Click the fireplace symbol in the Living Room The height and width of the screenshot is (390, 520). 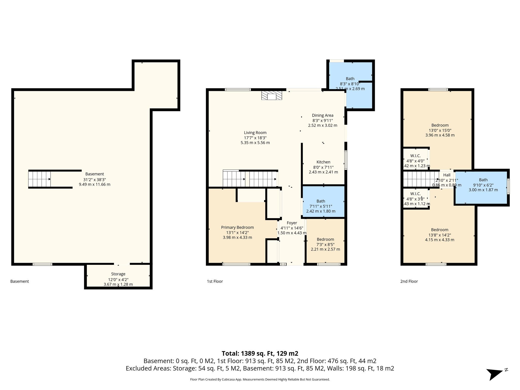click(272, 96)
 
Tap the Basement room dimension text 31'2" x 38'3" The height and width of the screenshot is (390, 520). click(94, 180)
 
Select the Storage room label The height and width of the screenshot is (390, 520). click(118, 274)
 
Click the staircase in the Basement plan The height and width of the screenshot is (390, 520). click(39, 179)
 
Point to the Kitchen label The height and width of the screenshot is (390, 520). click(323, 162)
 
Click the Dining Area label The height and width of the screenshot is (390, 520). click(322, 115)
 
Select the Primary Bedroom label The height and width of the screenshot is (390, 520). click(237, 227)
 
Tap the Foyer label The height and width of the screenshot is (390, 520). click(292, 223)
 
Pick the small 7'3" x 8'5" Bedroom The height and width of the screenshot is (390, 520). click(325, 239)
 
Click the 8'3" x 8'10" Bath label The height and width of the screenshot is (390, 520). click(350, 79)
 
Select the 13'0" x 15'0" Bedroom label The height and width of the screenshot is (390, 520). click(440, 125)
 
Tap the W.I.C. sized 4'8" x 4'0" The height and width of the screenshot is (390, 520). click(415, 156)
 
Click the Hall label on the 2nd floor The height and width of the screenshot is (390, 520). click(447, 175)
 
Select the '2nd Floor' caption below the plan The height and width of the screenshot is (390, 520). click(409, 281)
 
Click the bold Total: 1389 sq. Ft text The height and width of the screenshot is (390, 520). click(260, 353)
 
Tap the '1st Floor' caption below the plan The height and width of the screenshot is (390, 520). click(215, 281)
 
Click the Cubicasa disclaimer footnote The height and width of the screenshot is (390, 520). click(260, 380)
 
